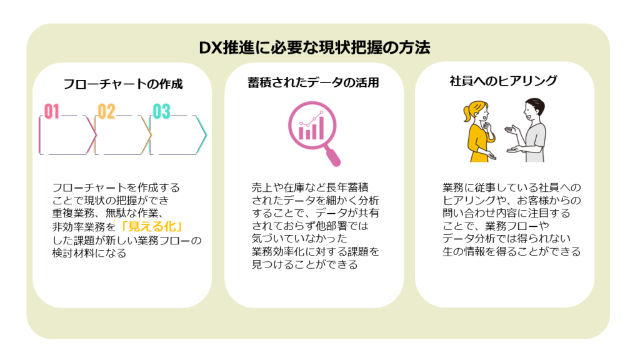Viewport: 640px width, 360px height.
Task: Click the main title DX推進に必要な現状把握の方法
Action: [x=314, y=47]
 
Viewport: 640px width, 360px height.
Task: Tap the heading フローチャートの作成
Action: [x=123, y=84]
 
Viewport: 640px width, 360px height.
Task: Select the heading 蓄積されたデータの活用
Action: [x=314, y=83]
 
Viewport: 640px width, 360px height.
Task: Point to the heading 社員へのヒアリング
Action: [x=503, y=81]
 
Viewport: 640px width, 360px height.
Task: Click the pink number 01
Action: [x=52, y=111]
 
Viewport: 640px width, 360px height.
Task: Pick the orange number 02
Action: [x=106, y=111]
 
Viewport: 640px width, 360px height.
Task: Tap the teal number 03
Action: [x=161, y=111]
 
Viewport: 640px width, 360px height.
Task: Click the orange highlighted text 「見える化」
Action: [x=152, y=226]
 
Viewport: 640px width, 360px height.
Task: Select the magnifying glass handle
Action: [x=333, y=157]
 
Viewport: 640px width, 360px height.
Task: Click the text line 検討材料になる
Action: [x=89, y=253]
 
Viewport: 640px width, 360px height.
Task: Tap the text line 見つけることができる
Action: [x=305, y=264]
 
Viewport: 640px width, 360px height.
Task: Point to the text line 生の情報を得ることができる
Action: [x=511, y=251]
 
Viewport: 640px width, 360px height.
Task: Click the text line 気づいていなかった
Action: [x=299, y=239]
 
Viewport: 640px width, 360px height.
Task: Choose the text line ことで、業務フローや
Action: [x=496, y=226]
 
